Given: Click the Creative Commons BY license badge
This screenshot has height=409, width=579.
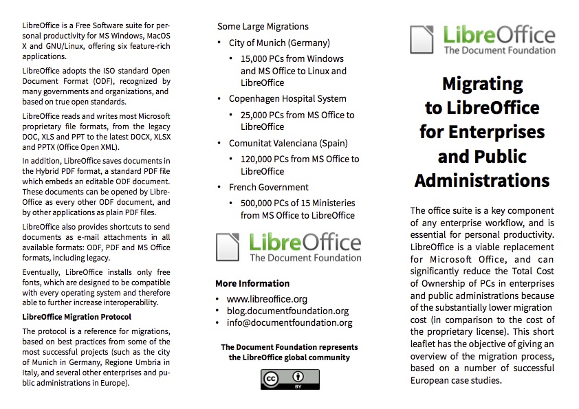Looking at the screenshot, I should coord(280,379).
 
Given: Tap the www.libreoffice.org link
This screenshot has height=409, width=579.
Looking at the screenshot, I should coord(267,299).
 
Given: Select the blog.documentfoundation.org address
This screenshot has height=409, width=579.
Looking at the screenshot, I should coord(287,311).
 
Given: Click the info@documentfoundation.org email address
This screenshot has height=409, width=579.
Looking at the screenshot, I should coord(289,322).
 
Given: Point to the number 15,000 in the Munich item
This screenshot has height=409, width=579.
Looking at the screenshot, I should coord(256,59).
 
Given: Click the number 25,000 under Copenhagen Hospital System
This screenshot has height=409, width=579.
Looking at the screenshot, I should coord(256,115).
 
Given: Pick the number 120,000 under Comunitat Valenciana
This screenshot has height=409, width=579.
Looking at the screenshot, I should coord(259,159).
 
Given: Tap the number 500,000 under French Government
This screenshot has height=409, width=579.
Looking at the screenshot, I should coord(259,203).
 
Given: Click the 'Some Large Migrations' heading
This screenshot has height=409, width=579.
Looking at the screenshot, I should coord(263,26).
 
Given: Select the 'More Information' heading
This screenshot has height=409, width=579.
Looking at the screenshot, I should coord(252,283).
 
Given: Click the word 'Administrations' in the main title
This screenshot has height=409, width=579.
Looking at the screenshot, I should coord(482,180).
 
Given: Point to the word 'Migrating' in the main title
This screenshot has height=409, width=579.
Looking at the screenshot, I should coord(482,84).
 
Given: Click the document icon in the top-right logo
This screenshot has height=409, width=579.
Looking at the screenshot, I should coord(422,39).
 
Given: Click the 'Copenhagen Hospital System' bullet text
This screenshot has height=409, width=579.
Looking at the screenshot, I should coord(287,98).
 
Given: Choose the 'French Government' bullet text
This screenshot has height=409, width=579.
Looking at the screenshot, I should coord(268,187).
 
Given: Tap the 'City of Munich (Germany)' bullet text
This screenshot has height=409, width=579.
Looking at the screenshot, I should coord(279,43).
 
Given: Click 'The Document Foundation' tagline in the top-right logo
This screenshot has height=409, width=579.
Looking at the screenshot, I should coord(499,50).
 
